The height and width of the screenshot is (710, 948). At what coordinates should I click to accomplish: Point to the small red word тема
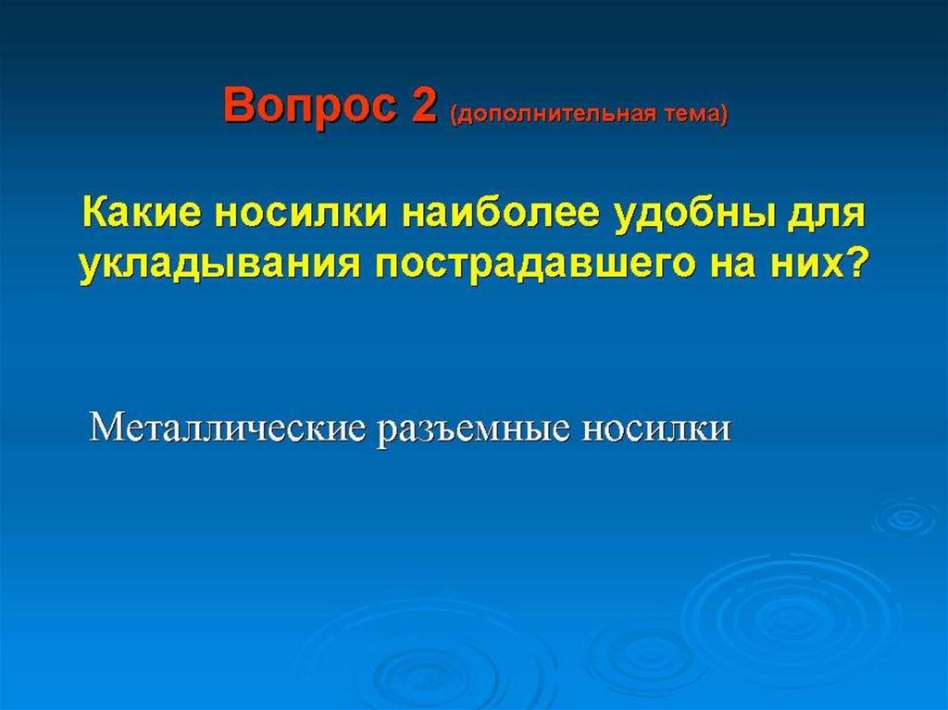[x=690, y=114]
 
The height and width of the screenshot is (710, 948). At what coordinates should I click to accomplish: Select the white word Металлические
[x=228, y=429]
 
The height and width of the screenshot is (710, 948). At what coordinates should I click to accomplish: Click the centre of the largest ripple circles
[x=792, y=612]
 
